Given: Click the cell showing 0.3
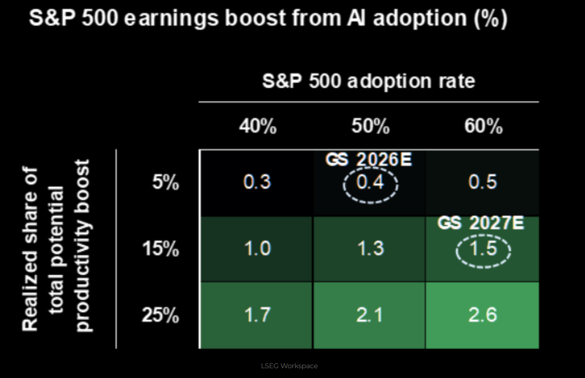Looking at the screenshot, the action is [x=257, y=182].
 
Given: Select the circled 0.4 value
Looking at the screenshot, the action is [x=370, y=183].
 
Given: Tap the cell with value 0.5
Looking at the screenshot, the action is [x=483, y=182].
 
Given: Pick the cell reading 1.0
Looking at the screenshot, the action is [x=257, y=248].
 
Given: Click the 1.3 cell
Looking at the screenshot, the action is [x=370, y=248].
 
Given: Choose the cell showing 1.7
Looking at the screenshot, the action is [x=257, y=314].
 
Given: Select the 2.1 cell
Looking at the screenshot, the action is [x=370, y=314].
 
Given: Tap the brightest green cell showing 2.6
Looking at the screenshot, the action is [x=483, y=314].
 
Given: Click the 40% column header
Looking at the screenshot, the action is [x=258, y=126].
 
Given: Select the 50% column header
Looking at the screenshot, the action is [x=370, y=126].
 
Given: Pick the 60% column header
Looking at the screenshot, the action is [x=483, y=126].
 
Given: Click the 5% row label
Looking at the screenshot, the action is [x=166, y=183].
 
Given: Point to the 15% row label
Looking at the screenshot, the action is [x=160, y=248].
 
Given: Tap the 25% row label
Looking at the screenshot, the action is [x=160, y=315].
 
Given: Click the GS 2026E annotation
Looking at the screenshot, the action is [x=368, y=160].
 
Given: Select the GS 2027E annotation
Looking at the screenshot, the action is [x=481, y=223].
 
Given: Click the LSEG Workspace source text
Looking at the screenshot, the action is [x=289, y=366].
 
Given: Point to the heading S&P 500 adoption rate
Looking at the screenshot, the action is [x=368, y=81].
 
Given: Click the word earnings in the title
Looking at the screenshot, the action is [x=171, y=19].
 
